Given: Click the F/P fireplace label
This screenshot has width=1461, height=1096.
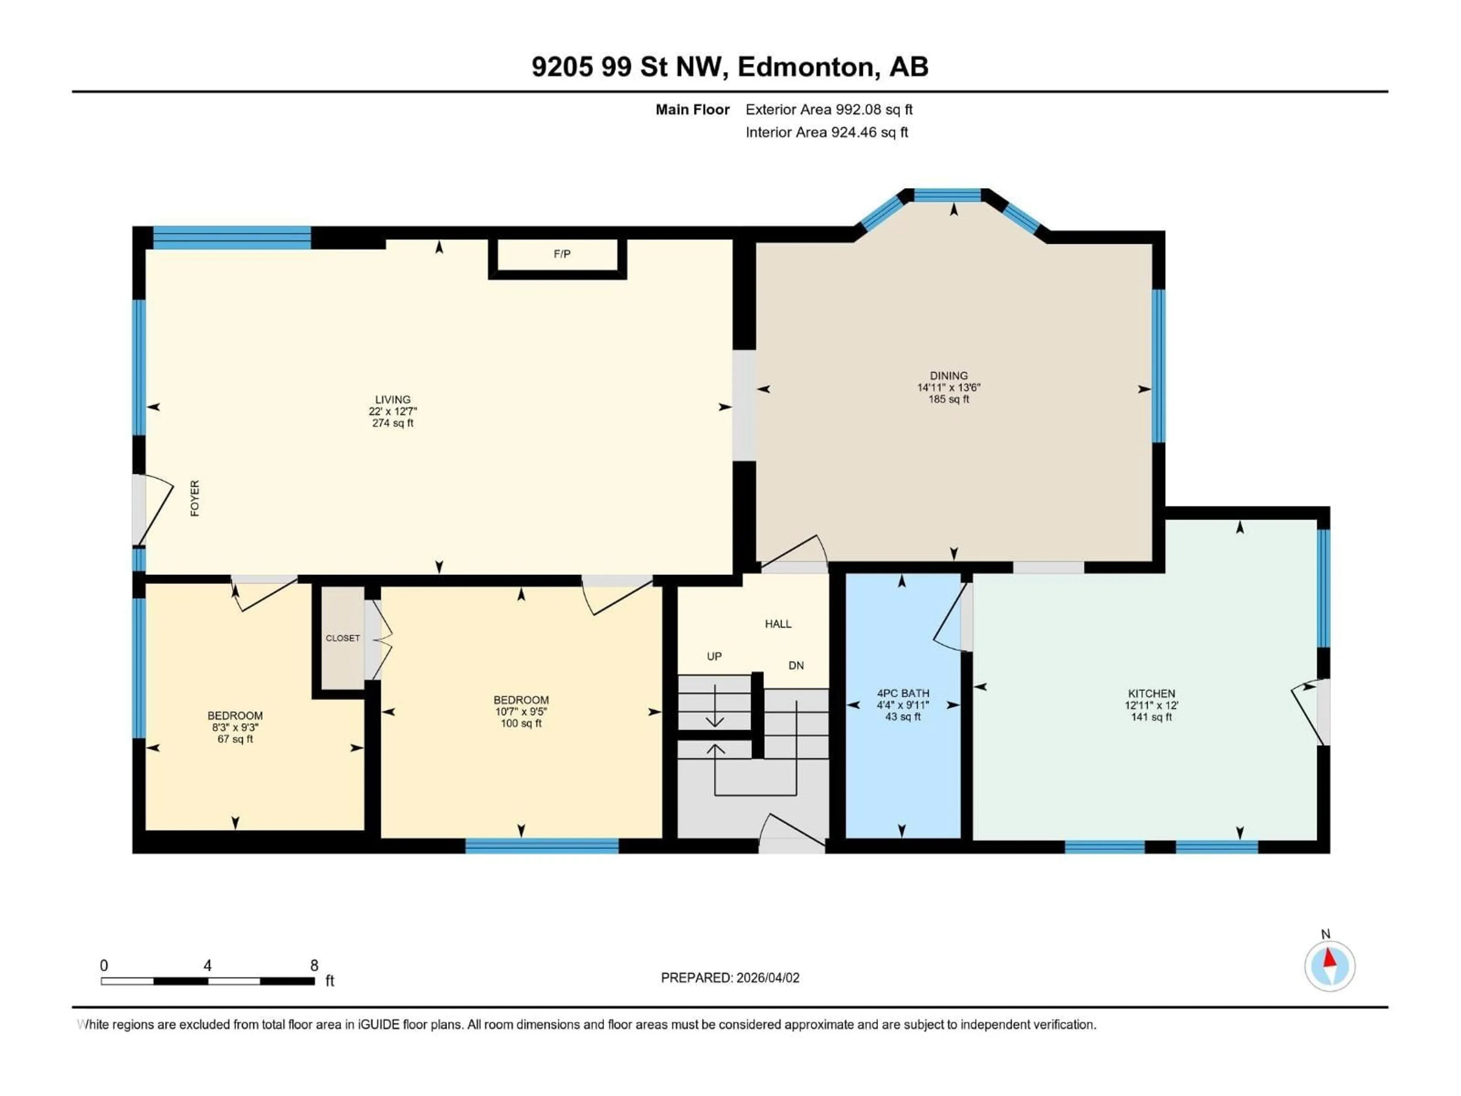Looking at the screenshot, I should [562, 254].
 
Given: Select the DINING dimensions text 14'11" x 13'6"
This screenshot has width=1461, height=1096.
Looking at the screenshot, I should [949, 388].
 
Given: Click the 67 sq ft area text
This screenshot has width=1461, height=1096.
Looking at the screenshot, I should [235, 739].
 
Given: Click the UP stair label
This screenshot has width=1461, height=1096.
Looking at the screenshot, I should [714, 656].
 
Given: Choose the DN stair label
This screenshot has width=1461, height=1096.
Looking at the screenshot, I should [796, 665].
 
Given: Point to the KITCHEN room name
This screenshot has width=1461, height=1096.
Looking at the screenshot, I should [1151, 693].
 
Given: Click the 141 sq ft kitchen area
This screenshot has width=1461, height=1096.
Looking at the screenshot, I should [1151, 717].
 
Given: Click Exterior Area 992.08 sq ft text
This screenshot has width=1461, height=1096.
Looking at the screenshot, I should [829, 110].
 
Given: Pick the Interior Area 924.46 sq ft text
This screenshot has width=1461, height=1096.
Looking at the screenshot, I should [826, 132].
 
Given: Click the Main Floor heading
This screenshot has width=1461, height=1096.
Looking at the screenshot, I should [692, 110].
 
